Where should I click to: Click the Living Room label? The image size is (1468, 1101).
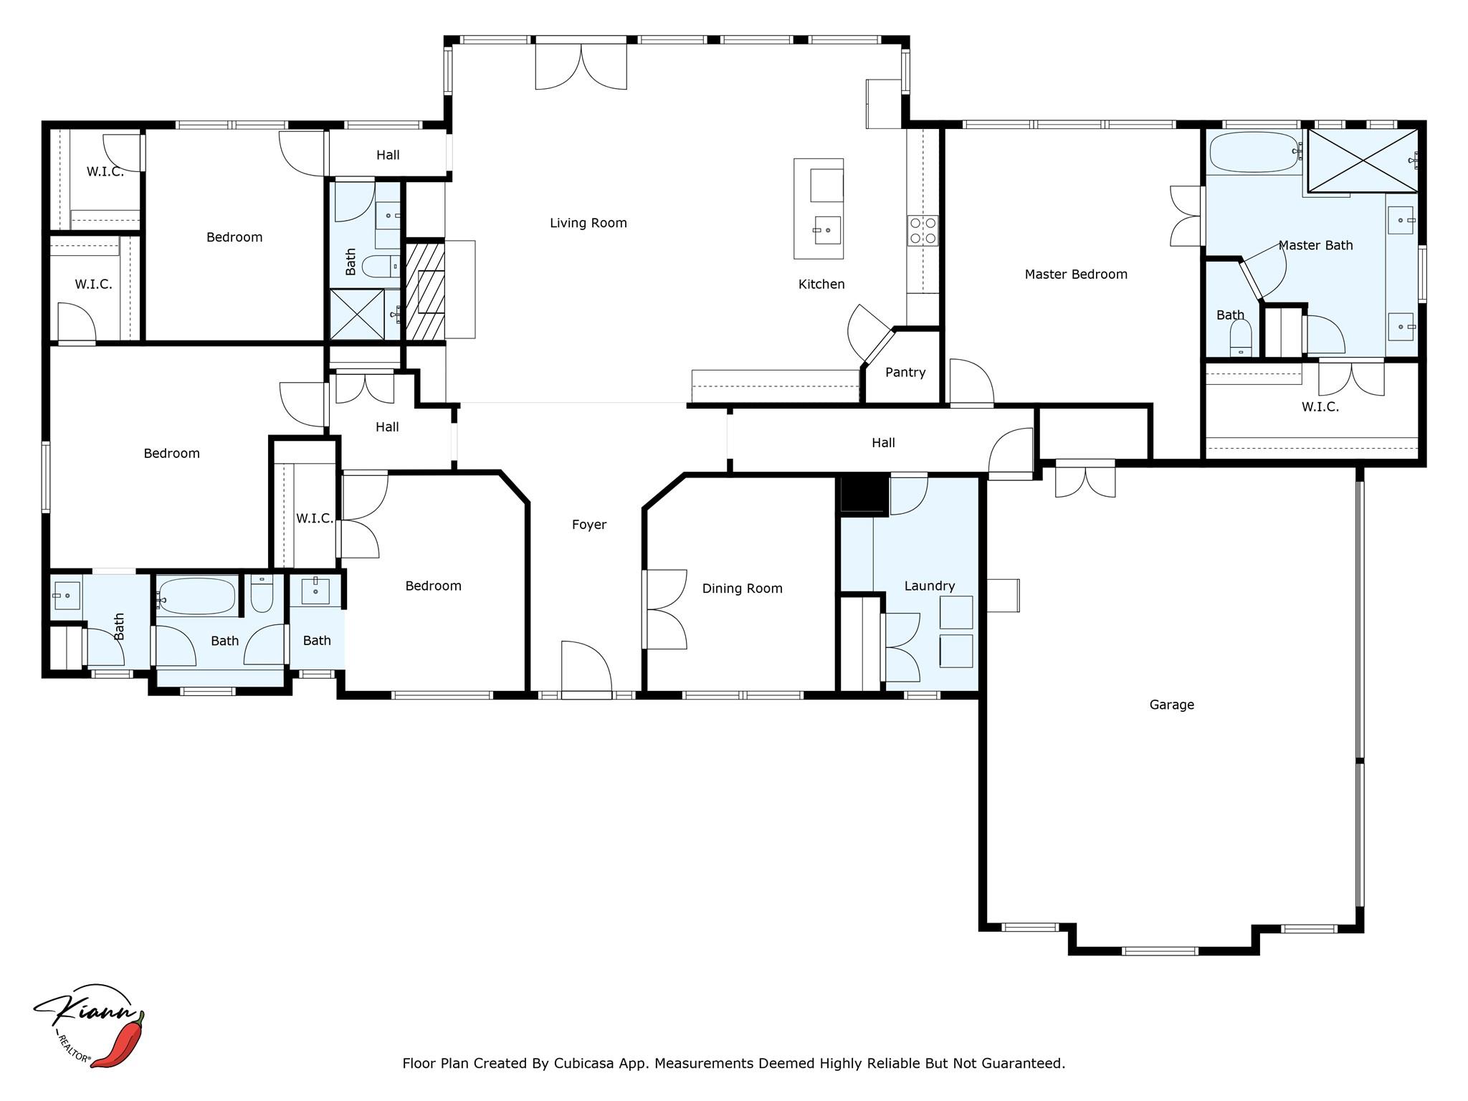pyautogui.click(x=588, y=223)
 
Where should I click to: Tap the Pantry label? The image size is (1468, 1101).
pyautogui.click(x=905, y=372)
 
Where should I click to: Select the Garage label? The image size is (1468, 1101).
pyautogui.click(x=1171, y=705)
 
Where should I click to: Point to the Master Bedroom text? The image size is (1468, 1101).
pyautogui.click(x=1075, y=274)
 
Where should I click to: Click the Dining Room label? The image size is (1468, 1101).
pyautogui.click(x=742, y=588)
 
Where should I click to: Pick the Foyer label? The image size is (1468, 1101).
pyautogui.click(x=589, y=525)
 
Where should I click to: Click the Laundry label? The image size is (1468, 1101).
pyautogui.click(x=929, y=586)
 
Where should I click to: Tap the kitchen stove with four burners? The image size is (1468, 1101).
pyautogui.click(x=923, y=231)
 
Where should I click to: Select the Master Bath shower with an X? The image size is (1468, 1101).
pyautogui.click(x=1362, y=161)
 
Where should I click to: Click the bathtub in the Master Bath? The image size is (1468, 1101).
pyautogui.click(x=1254, y=152)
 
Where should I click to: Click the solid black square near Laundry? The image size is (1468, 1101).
pyautogui.click(x=864, y=495)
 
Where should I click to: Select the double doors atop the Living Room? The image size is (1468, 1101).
pyautogui.click(x=581, y=66)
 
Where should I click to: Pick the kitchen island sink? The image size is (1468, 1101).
pyautogui.click(x=827, y=230)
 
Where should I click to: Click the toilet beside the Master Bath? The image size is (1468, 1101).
pyautogui.click(x=1241, y=337)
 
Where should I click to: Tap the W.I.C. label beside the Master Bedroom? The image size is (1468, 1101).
pyautogui.click(x=1320, y=407)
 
